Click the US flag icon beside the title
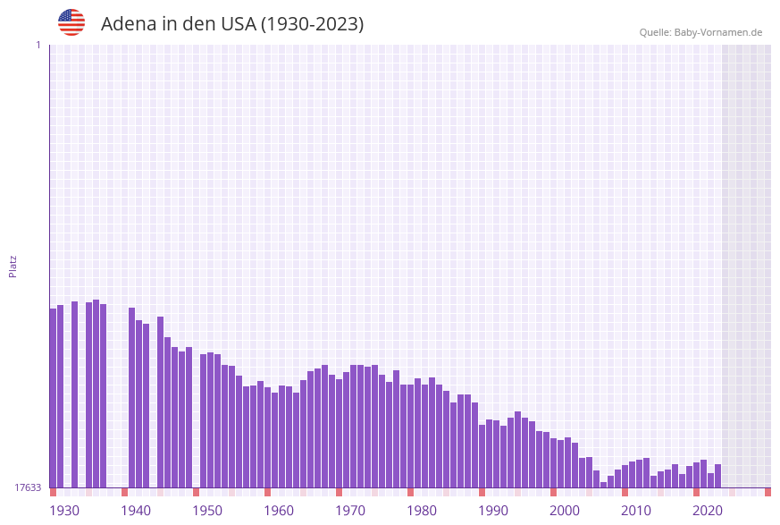tap(71, 22)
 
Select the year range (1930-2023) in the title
tap(312, 24)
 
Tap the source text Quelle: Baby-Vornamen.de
tap(700, 32)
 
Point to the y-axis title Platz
tap(13, 266)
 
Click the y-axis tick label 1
tap(38, 45)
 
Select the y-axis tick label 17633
tap(28, 487)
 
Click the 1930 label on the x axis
tap(64, 511)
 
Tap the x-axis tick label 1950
tap(207, 511)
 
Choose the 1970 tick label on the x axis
tap(350, 511)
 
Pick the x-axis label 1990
tap(493, 511)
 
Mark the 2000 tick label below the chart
tap(565, 511)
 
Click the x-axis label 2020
tap(708, 511)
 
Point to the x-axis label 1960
tap(279, 511)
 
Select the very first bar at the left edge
tap(53, 398)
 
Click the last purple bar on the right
tap(717, 476)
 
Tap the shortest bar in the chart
tap(603, 485)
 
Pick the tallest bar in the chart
tap(96, 394)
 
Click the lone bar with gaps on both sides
tap(74, 394)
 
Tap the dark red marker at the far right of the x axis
tap(767, 492)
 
